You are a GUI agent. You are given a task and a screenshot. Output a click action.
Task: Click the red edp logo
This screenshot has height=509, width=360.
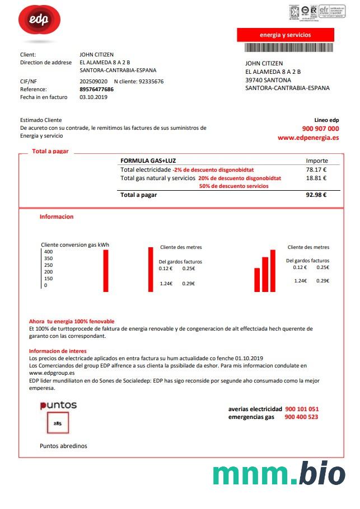(39, 22)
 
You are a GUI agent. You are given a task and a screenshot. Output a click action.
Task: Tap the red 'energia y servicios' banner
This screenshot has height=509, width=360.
(285, 35)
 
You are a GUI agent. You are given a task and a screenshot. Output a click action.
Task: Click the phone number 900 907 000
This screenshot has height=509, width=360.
(320, 129)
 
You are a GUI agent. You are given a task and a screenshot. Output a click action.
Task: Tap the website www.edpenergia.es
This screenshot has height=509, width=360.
(308, 138)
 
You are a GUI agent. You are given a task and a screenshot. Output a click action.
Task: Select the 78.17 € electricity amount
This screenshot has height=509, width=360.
(316, 169)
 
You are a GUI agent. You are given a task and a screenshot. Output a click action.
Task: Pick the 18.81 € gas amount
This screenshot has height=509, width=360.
(316, 178)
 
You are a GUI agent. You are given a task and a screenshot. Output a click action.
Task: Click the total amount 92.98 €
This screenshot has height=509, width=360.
(316, 195)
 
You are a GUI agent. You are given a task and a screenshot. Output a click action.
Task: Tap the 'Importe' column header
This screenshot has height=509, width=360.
(317, 161)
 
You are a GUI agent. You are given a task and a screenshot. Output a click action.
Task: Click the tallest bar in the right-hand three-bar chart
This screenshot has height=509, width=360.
(273, 270)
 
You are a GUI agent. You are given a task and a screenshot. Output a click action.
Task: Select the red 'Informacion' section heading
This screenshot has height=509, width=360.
(57, 216)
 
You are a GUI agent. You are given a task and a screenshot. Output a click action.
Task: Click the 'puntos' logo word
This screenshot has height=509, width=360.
(58, 405)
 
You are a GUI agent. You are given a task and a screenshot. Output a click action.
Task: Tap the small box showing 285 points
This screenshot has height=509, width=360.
(57, 423)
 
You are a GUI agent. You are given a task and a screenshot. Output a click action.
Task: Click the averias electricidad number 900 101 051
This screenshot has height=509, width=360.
(302, 409)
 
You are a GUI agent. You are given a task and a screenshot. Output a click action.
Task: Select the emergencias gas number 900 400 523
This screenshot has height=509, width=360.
(301, 417)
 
